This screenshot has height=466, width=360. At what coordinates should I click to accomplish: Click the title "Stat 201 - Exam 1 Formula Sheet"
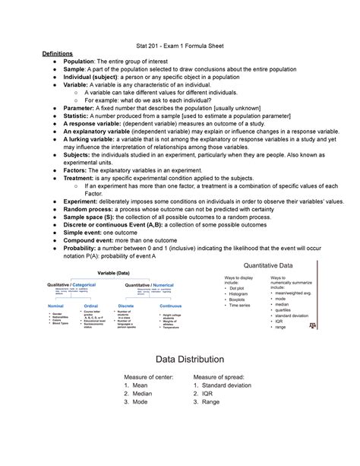click(179, 46)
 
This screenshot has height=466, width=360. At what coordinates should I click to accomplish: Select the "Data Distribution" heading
click(179, 358)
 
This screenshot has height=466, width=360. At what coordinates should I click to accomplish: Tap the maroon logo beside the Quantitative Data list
click(309, 325)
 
